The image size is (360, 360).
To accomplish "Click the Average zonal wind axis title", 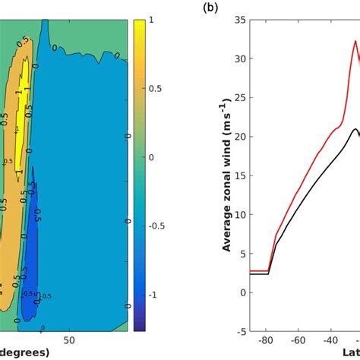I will [227, 175].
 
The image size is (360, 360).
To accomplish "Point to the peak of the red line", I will [355, 41].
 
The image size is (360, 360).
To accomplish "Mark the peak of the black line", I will [354, 129].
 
